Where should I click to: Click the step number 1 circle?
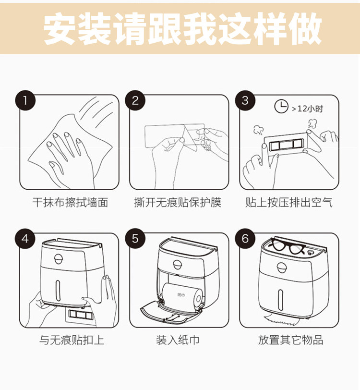tap(25, 100)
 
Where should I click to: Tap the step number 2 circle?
tap(135, 100)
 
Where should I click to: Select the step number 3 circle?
tap(245, 100)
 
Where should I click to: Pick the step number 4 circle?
tap(25, 239)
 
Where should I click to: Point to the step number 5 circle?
tap(135, 239)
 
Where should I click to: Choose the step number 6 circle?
tap(245, 239)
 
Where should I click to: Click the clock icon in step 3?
tap(281, 107)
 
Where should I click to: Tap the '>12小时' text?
tap(308, 109)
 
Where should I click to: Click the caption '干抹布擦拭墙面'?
tap(71, 202)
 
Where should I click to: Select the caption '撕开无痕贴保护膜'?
tap(178, 202)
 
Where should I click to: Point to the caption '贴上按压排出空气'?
tap(288, 202)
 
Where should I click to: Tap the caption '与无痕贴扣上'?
tap(72, 340)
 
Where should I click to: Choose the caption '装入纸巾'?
tap(178, 340)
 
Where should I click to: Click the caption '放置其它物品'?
tap(290, 340)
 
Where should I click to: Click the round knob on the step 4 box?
tap(59, 259)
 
